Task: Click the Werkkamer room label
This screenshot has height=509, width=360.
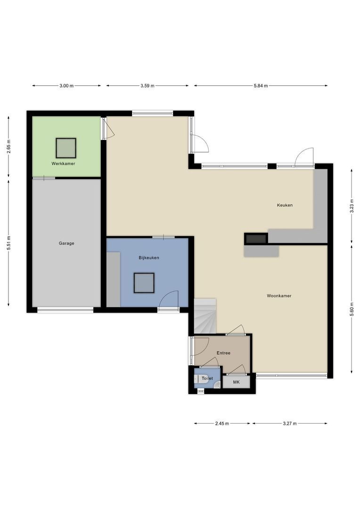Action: (x=64, y=164)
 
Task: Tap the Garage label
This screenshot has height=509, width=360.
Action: (x=66, y=243)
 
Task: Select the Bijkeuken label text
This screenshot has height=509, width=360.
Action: (x=149, y=258)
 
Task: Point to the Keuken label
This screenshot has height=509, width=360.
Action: (x=285, y=205)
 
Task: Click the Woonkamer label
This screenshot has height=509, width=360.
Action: (x=279, y=296)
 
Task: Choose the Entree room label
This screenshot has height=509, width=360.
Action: (x=223, y=353)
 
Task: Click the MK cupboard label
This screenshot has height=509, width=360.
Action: (x=237, y=382)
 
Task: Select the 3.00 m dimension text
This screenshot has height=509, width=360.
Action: (x=66, y=86)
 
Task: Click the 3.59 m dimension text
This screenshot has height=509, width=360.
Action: (x=147, y=86)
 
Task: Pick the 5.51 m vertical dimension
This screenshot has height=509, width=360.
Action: (x=8, y=243)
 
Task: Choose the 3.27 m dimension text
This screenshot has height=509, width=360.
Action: (x=290, y=424)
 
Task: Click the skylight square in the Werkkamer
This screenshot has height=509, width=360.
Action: (x=65, y=148)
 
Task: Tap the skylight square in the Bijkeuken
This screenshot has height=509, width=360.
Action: (x=144, y=283)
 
